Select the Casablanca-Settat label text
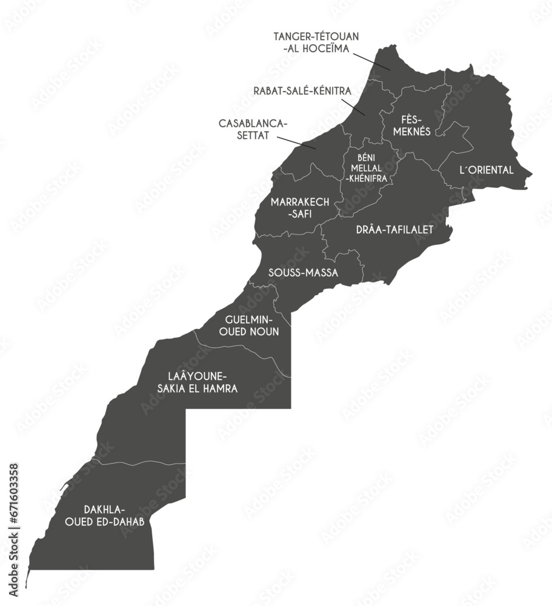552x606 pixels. pos(253,128)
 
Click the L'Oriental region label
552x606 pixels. pos(487,170)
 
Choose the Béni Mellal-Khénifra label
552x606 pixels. pos(367,168)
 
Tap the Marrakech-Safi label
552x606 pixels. pos(299,207)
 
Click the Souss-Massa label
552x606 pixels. pos(303,273)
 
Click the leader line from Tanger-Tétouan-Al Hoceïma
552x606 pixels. pos(371,59)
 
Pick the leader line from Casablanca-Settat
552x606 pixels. pos(296,142)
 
